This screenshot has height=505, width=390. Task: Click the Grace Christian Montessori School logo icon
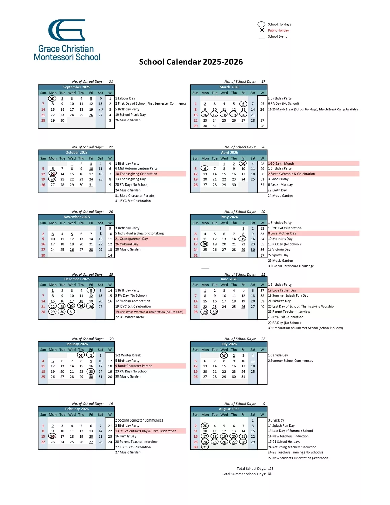67,30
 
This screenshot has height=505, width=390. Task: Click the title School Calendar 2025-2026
191,62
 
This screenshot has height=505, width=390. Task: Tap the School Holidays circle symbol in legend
261,24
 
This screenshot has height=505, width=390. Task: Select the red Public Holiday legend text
278,30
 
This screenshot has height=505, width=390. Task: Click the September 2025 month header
76,87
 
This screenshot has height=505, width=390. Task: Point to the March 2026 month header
229,87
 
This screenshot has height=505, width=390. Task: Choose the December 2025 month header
77,279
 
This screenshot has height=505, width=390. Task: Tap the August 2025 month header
229,409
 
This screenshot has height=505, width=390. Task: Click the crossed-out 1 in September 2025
52,99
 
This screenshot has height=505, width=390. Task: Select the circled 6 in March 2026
243,104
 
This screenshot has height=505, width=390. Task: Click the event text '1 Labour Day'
125,98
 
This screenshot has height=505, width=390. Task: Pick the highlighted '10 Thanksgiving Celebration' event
136,174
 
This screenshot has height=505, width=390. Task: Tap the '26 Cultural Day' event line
127,244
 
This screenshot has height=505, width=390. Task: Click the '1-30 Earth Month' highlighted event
281,164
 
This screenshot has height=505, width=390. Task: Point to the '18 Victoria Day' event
279,250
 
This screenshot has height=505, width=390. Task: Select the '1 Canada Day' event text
278,355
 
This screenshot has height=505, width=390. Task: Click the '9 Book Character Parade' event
134,366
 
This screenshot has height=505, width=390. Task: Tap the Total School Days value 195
271,469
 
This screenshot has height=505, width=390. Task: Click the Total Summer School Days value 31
270,474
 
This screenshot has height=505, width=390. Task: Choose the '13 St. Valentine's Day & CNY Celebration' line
146,431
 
